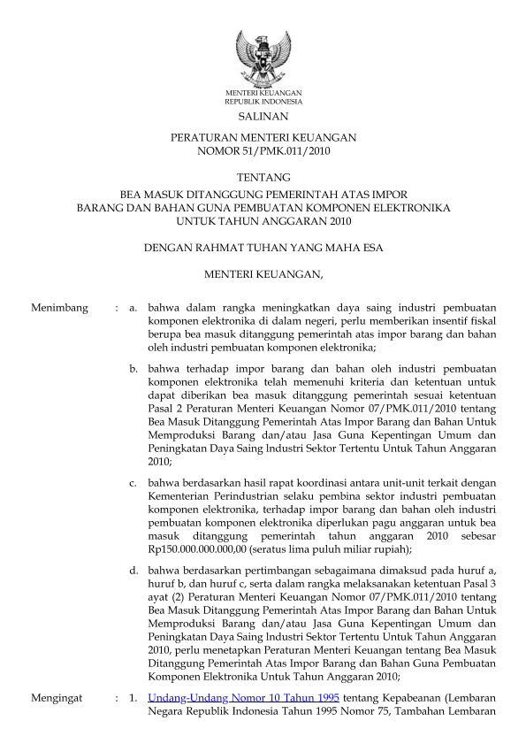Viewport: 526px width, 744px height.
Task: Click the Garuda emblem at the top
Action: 263,58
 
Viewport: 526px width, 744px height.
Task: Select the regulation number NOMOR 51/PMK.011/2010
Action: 263,151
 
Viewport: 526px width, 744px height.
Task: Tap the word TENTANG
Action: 263,179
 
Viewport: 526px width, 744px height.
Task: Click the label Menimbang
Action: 59,308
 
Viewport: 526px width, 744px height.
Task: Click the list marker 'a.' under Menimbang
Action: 133,308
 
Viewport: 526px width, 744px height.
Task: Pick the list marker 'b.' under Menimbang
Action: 133,366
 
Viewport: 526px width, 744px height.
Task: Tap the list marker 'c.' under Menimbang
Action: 133,483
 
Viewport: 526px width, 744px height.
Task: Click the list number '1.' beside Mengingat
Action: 133,697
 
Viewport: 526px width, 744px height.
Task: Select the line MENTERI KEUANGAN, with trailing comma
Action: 263,275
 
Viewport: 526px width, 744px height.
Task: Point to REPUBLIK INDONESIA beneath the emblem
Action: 263,101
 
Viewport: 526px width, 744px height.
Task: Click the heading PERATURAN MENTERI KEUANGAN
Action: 263,138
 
